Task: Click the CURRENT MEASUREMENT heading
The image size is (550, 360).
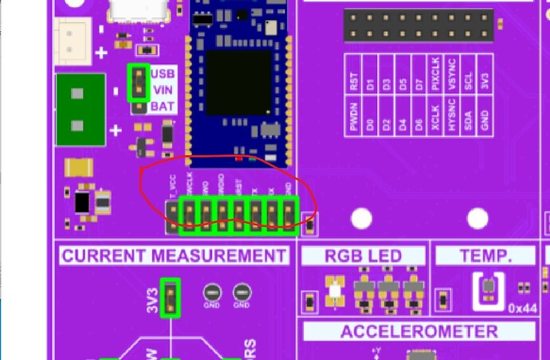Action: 175,256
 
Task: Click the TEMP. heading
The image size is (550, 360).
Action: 485,256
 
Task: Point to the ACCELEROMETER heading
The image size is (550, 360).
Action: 418,331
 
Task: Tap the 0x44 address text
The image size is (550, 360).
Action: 523,308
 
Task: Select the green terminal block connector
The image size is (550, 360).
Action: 81,109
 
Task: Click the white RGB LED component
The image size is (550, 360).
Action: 334,293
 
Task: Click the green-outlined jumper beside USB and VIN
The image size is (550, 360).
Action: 139,83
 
